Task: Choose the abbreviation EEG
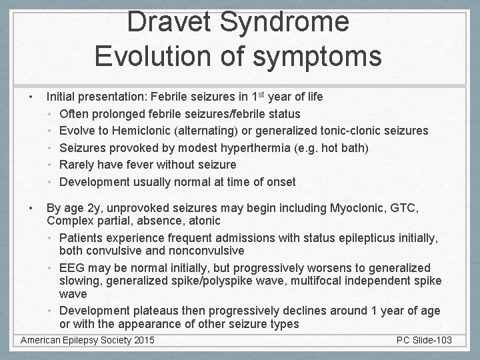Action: (x=72, y=267)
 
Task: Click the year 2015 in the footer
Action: (x=141, y=341)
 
